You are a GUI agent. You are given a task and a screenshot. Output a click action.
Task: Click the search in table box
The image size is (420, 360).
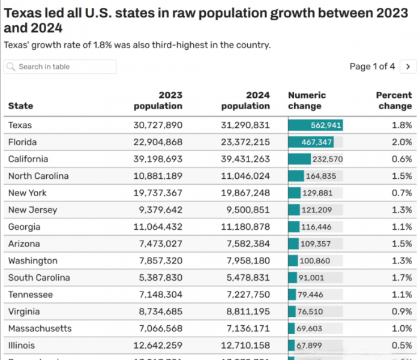(60, 67)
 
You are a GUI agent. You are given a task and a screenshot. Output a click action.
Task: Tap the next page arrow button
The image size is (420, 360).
(408, 67)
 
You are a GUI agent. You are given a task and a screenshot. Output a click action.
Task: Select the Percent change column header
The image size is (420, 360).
(394, 100)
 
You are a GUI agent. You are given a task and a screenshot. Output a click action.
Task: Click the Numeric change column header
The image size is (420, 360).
(307, 100)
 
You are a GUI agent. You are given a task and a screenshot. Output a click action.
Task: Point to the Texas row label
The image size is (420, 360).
(20, 125)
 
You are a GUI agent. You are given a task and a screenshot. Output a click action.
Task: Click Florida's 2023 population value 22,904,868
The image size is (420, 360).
(157, 142)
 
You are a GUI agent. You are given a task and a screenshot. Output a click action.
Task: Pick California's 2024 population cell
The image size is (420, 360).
(245, 159)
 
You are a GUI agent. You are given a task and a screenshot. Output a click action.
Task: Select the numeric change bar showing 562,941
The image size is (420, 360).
(316, 125)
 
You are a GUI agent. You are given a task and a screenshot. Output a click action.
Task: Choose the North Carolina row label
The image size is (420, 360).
(38, 176)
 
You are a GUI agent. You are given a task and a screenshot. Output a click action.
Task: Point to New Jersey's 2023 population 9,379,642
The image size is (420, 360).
(160, 210)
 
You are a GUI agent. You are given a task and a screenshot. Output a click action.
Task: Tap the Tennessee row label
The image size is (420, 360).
(31, 295)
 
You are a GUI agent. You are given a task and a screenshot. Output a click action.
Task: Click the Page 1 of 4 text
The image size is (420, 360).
(372, 67)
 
